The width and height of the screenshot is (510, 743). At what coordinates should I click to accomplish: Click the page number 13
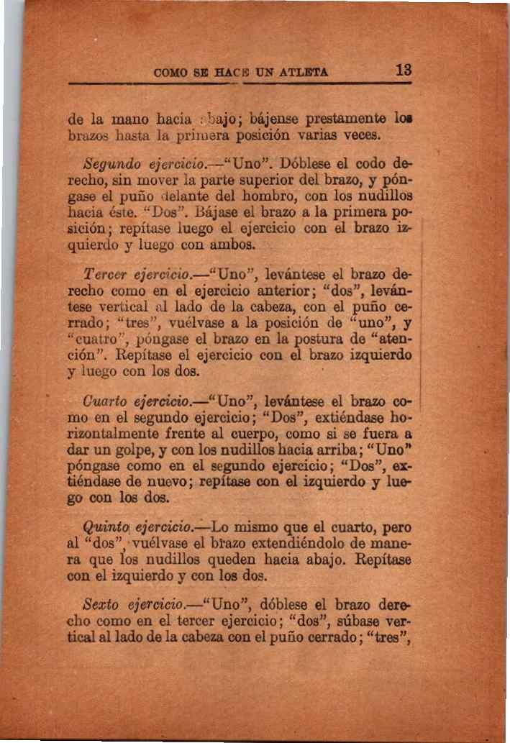point(403,70)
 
